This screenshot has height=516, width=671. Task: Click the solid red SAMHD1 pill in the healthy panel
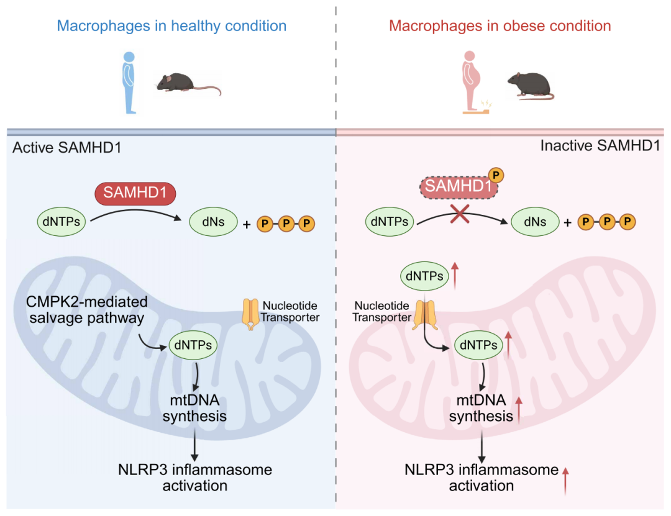(135, 193)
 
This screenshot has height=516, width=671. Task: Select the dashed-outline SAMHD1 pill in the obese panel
(459, 187)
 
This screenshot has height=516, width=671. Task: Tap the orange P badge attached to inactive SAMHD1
(496, 175)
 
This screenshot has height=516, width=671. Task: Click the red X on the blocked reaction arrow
(460, 214)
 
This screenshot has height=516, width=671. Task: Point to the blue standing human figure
(129, 83)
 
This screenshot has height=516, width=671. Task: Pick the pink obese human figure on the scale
(473, 82)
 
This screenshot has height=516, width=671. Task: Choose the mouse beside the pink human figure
(531, 85)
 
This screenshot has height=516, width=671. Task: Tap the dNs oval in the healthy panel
(213, 222)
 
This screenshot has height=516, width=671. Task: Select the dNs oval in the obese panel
(535, 222)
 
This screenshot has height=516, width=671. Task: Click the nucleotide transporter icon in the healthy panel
(250, 314)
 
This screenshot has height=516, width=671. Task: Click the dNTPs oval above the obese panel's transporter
(424, 276)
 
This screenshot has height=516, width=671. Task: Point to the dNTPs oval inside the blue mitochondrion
(193, 345)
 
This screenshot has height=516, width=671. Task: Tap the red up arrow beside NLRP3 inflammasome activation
(565, 481)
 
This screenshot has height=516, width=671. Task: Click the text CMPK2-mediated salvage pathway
(87, 310)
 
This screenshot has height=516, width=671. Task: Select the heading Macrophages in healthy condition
(171, 26)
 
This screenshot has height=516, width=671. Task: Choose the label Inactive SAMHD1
(600, 146)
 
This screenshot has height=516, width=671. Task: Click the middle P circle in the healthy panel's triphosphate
(286, 224)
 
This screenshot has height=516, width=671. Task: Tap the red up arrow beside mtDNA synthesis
(519, 410)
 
